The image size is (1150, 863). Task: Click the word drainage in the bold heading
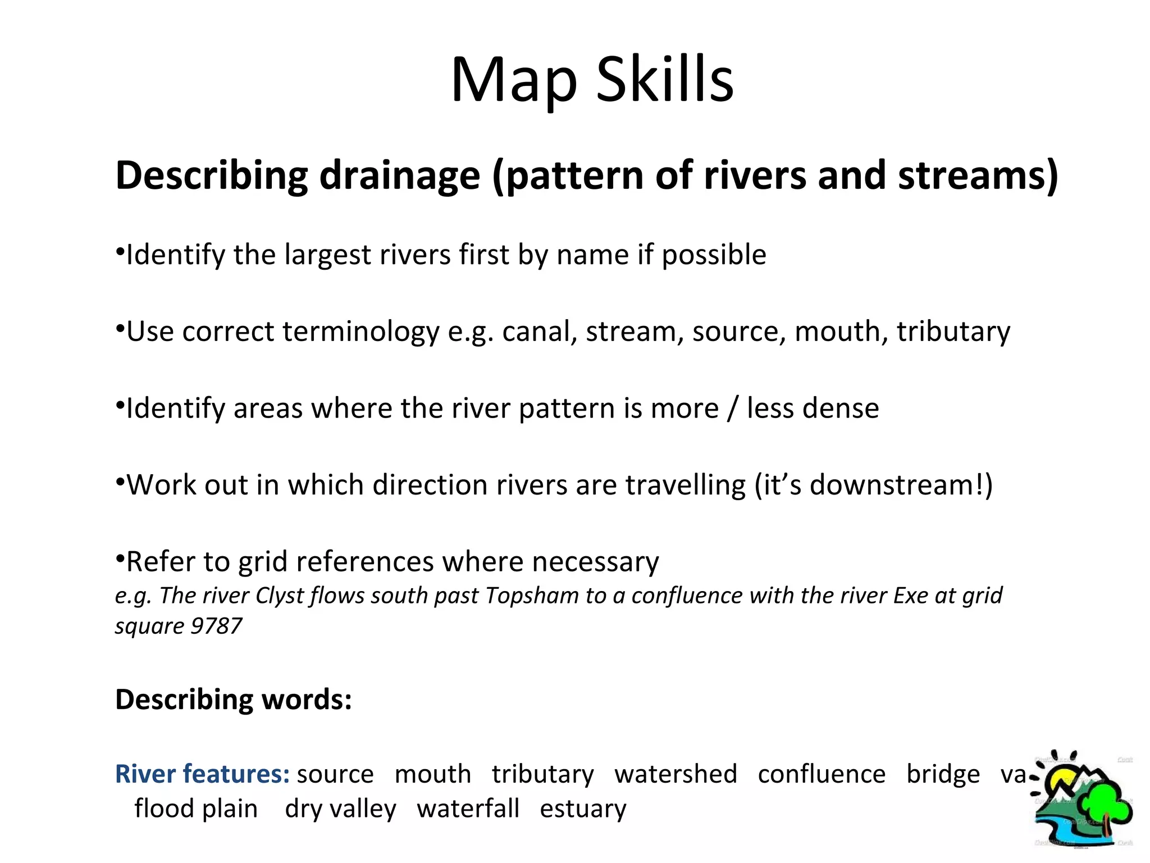pyautogui.click(x=399, y=175)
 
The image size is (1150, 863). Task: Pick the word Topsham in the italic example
pyautogui.click(x=531, y=596)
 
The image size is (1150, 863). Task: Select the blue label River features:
pyautogui.click(x=202, y=774)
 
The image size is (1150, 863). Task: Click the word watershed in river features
pyautogui.click(x=676, y=774)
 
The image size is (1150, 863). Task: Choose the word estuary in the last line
pyautogui.click(x=583, y=809)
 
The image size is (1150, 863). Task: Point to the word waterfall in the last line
pyautogui.click(x=468, y=809)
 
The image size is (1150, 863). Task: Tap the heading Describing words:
pyautogui.click(x=233, y=700)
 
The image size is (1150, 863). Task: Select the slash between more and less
pyautogui.click(x=732, y=408)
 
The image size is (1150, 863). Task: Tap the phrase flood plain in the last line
pyautogui.click(x=196, y=809)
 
